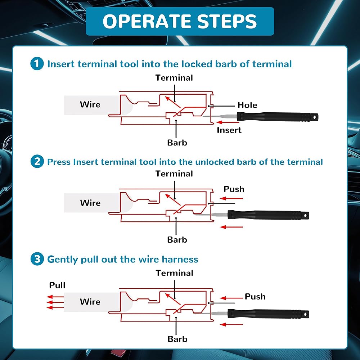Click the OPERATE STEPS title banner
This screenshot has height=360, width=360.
[180, 21]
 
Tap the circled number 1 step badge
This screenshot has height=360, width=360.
[36, 64]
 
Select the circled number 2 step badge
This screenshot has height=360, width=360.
[36, 162]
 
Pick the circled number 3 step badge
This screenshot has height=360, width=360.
[36, 259]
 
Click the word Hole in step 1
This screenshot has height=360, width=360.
[247, 105]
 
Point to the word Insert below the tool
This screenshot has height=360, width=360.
[229, 130]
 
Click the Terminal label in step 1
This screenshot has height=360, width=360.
[174, 78]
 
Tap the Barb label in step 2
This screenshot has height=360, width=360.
[177, 240]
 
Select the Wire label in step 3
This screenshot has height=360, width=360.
[90, 302]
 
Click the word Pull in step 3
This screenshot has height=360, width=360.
[57, 285]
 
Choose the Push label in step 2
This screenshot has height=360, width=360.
[234, 189]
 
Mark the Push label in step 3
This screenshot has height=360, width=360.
[255, 297]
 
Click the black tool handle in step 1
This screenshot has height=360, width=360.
[277, 117]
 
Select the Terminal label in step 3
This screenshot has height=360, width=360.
[174, 273]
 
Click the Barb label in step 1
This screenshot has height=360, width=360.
[177, 143]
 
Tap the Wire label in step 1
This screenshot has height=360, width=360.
[90, 104]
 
